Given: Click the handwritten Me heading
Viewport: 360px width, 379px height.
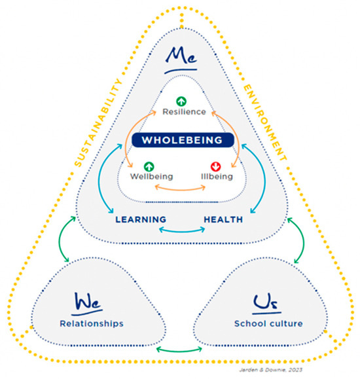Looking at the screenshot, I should point(179,60).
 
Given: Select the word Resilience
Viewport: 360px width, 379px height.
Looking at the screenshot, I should point(185,112).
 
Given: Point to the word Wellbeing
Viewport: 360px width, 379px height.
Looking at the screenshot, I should point(151,176).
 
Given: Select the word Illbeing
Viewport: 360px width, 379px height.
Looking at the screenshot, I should point(213,176).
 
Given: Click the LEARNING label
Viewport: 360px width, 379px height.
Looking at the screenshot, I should point(140,219).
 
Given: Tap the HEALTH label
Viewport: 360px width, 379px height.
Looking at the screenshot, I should point(223,219).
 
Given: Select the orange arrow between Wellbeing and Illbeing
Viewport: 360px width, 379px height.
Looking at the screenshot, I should point(181,189).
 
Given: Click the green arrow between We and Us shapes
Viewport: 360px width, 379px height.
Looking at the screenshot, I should point(179,356).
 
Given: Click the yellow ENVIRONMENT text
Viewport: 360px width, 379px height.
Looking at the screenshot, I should point(264,121).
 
